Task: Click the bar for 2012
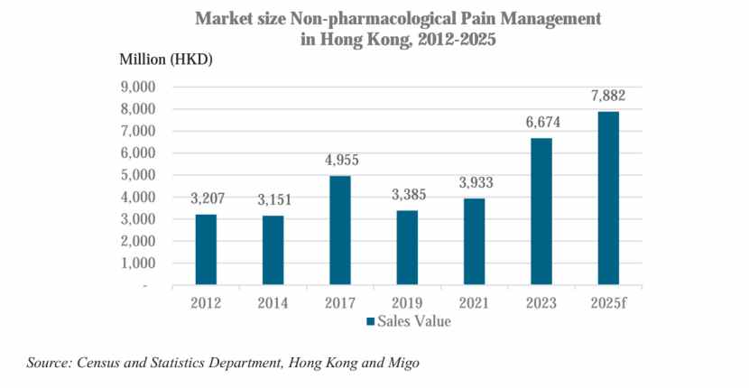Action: (x=208, y=250)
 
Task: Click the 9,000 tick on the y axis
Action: (x=139, y=88)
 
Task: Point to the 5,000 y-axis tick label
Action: (x=139, y=175)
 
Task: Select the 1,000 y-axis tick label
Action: (x=139, y=263)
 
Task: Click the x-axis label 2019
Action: (x=409, y=302)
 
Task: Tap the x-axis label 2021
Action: (x=474, y=302)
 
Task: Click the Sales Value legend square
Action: (x=370, y=321)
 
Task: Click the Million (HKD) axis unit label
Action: (x=165, y=59)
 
